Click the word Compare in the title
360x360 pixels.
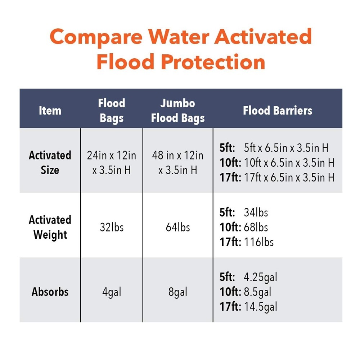coord(95,37)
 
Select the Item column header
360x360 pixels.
coord(50,110)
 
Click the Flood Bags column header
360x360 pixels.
coord(112,110)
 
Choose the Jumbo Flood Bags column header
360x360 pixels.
coord(178,110)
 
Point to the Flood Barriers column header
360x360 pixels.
coord(278,110)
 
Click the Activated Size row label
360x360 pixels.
coord(50,162)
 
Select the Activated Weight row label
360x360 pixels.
coord(50,227)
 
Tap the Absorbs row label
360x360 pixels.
coord(50,292)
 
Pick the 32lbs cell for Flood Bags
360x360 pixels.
coord(112,227)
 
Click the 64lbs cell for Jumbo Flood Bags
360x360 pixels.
coord(178,227)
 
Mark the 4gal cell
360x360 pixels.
coord(112,292)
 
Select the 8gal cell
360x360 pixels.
coord(178,292)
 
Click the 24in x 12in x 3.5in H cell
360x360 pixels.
coord(112,162)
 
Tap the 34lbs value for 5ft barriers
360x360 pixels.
coord(256,212)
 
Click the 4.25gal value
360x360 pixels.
coord(260,277)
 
